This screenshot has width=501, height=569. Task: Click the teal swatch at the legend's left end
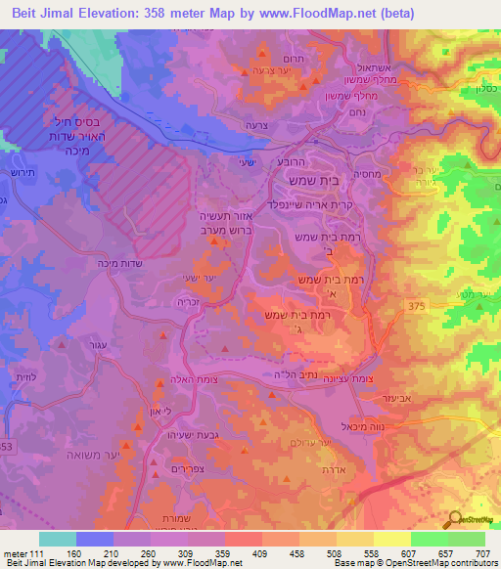coord(57,539)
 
